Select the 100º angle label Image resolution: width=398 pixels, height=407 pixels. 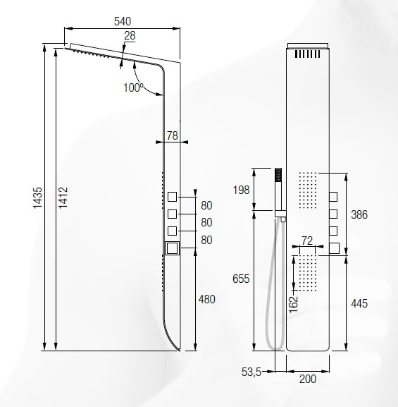[x=133, y=87]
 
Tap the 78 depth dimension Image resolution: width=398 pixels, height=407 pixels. [x=172, y=135]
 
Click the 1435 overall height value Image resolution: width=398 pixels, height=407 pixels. [x=37, y=198]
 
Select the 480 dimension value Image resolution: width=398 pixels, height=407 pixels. [x=206, y=299]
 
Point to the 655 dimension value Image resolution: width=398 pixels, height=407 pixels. [x=242, y=279]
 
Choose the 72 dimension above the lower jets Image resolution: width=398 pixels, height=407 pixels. [x=307, y=241]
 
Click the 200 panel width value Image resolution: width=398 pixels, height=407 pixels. [x=307, y=379]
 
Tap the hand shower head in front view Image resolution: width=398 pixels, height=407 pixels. [x=279, y=175]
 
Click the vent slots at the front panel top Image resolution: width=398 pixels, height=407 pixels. [x=307, y=54]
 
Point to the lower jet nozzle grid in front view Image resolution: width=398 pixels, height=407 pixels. [x=307, y=274]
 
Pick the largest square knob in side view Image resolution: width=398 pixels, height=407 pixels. [x=172, y=248]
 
